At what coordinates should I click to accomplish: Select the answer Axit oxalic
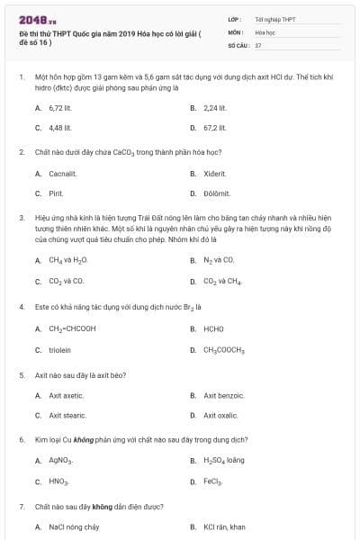pyautogui.click(x=221, y=415)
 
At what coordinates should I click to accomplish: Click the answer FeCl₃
pyautogui.click(x=213, y=481)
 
